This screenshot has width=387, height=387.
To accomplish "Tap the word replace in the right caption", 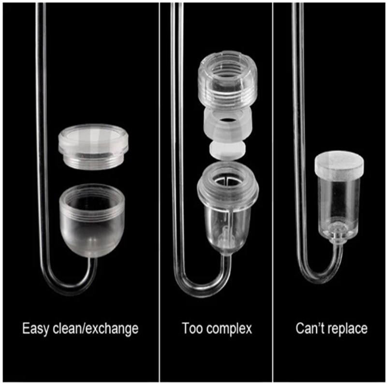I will (347, 329).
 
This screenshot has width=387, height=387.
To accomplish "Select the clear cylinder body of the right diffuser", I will (339, 203).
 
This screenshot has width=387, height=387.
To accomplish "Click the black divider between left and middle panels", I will (161, 193).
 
